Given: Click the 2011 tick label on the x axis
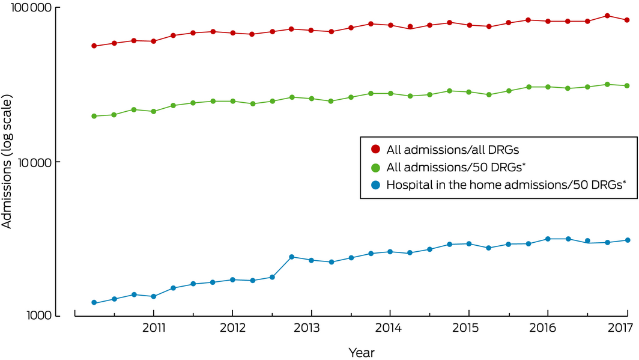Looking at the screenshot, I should [x=154, y=328].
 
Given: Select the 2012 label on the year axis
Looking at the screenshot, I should [x=232, y=328].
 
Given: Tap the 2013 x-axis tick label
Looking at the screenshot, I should [x=311, y=328].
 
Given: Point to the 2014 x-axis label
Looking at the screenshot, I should [x=390, y=328].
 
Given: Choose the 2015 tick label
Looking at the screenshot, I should [x=468, y=328].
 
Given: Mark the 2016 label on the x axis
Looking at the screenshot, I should [x=547, y=328].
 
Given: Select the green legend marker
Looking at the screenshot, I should [x=376, y=167].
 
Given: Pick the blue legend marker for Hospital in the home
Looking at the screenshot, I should [x=376, y=185].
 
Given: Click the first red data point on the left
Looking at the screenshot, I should [x=94, y=46].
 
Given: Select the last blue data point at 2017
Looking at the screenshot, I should [x=628, y=240].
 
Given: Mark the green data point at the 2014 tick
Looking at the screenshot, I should [x=390, y=94].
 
